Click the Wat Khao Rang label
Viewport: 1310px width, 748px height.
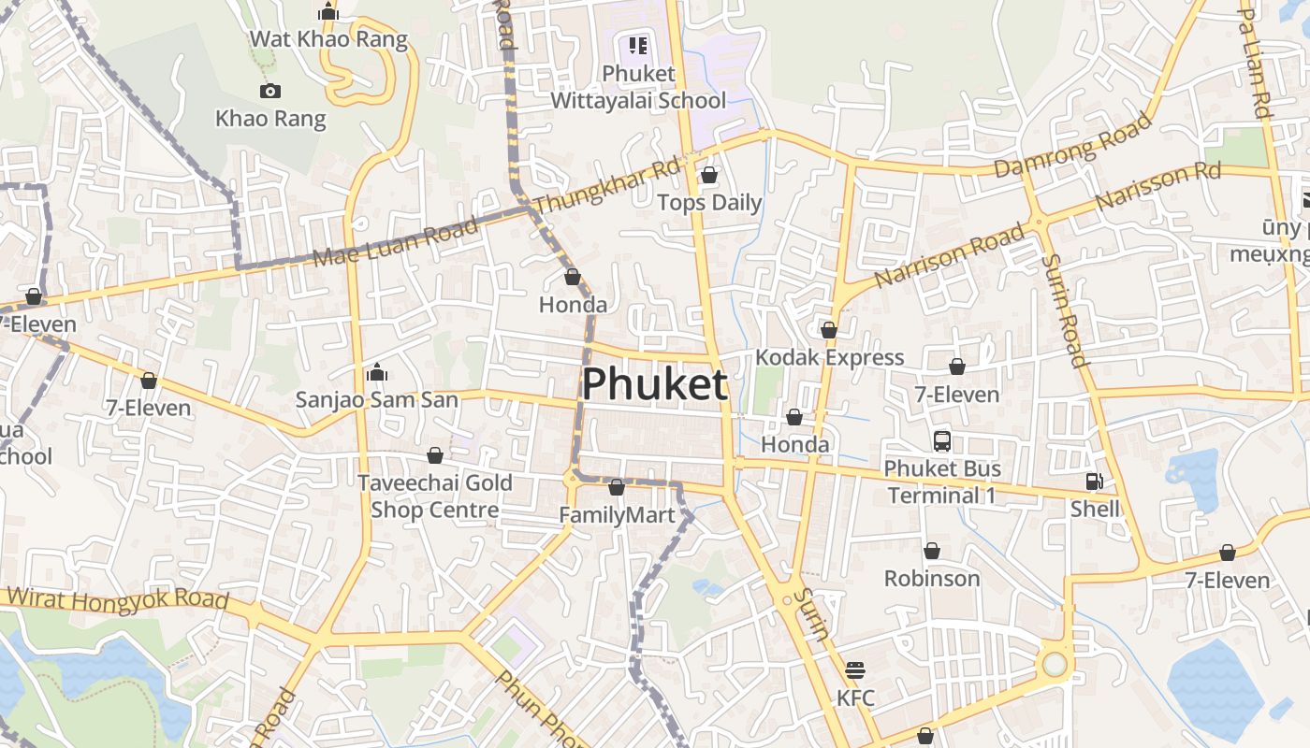(x=328, y=39)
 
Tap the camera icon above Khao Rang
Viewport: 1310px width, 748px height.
(x=270, y=91)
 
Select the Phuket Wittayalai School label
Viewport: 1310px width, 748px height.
(x=638, y=87)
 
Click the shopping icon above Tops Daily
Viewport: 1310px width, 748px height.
(x=709, y=175)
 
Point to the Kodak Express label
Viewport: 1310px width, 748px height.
(x=829, y=357)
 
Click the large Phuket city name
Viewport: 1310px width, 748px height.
(x=655, y=384)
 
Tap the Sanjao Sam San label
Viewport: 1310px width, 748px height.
(x=377, y=400)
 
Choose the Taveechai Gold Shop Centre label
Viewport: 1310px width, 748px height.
(x=435, y=496)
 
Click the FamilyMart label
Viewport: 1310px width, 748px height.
(x=617, y=515)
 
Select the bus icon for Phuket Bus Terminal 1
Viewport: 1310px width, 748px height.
(x=942, y=440)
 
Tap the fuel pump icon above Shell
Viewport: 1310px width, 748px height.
(x=1094, y=482)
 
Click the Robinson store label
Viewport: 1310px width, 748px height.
(x=932, y=578)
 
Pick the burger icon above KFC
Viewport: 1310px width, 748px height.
(x=855, y=670)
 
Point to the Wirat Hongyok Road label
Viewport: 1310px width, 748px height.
(x=118, y=598)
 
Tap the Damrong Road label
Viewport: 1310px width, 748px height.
(x=1072, y=146)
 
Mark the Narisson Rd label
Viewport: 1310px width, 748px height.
(x=1157, y=185)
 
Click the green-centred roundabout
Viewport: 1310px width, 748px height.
(x=1055, y=664)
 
